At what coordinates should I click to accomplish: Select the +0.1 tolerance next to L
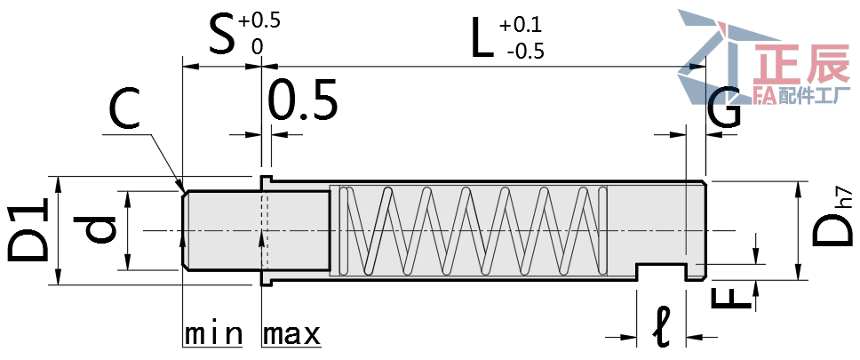click(522, 24)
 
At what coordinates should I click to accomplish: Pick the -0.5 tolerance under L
click(524, 52)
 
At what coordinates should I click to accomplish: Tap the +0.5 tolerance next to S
click(259, 20)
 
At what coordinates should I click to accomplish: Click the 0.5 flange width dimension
click(303, 100)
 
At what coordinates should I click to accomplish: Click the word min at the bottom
click(213, 335)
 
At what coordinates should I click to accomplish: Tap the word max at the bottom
click(291, 335)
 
